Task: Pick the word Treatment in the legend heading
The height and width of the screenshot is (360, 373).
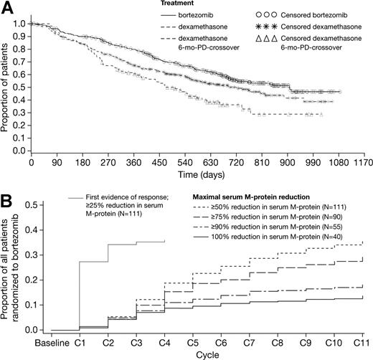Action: (x=176, y=4)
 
